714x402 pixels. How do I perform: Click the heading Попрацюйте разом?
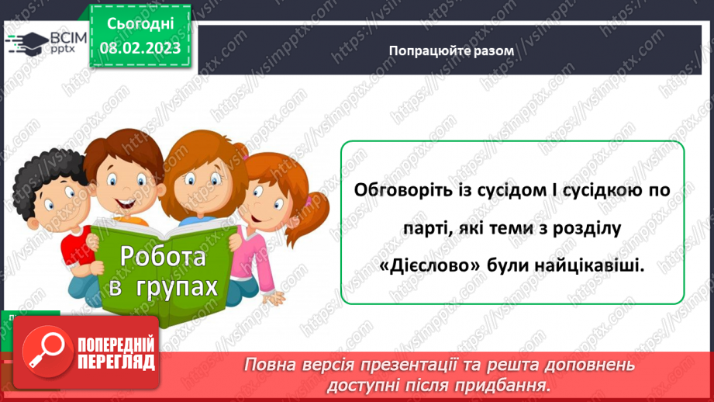point(451,50)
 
